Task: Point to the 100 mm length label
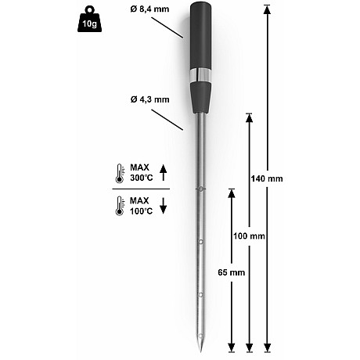250,236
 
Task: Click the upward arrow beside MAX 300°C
163,172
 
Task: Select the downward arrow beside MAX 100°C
163,206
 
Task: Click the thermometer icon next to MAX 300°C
118,172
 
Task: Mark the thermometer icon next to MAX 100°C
118,206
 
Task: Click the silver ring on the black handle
200,74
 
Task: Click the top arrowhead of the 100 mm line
250,117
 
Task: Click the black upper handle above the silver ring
200,35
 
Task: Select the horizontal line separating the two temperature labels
141,189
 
